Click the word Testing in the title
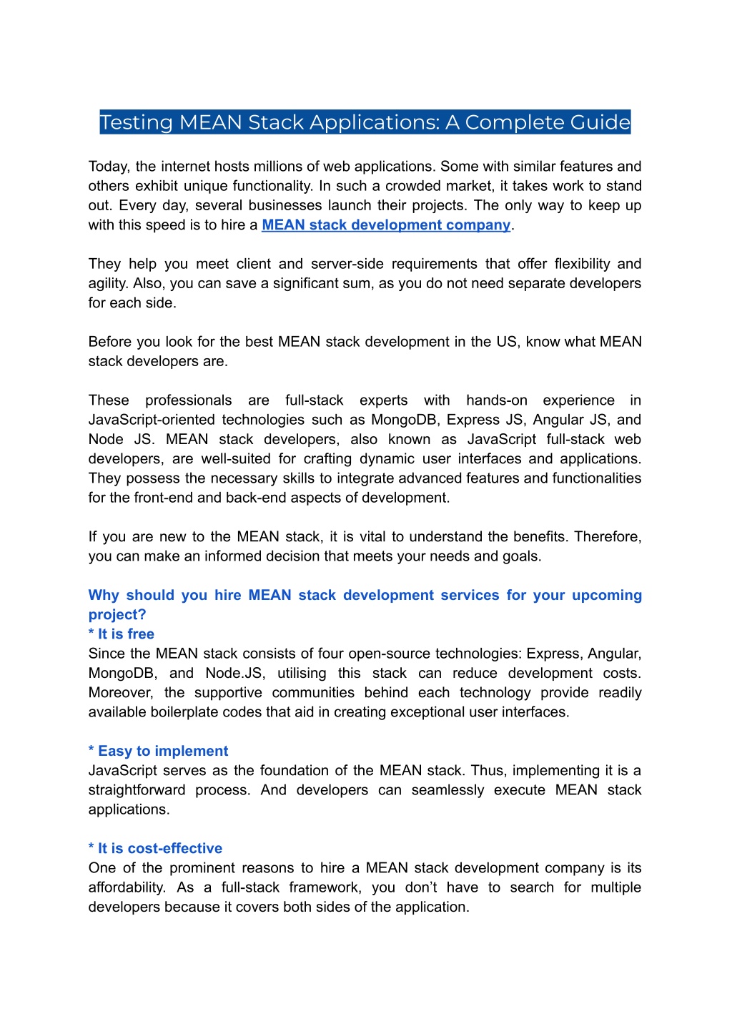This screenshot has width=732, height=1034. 137,123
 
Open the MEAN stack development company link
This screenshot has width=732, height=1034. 386,225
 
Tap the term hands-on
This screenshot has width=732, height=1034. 497,400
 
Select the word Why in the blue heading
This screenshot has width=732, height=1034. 104,596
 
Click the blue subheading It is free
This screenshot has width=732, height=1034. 122,634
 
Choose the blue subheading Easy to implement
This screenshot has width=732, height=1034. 159,752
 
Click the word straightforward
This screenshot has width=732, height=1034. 137,790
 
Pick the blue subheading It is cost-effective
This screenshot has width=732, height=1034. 155,849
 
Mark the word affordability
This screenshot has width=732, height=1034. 127,887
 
